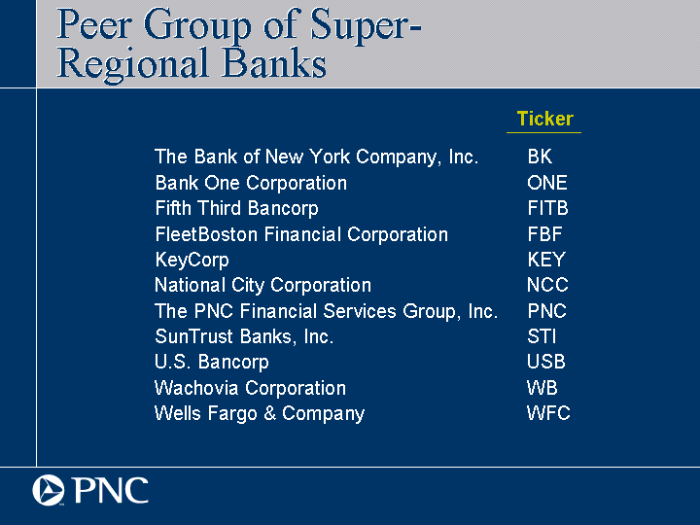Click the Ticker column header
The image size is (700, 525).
tap(544, 119)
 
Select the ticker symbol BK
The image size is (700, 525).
tap(540, 157)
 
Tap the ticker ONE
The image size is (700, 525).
tap(547, 183)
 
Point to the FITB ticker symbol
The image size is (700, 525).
tap(547, 208)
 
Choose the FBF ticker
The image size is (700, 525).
tap(545, 234)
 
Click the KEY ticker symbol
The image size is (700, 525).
tap(546, 260)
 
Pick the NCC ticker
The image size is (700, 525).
tap(547, 285)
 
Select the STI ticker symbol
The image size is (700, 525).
tap(542, 336)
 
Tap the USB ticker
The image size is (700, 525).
tap(546, 362)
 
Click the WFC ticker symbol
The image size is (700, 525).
tap(548, 413)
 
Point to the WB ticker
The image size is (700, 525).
tap(542, 388)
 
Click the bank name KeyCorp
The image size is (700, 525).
tap(192, 261)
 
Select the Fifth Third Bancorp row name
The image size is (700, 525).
tap(236, 208)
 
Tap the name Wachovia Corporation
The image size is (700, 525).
tap(250, 388)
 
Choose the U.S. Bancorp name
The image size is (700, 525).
tap(212, 362)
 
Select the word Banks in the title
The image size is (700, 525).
tap(273, 63)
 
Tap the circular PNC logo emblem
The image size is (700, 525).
tap(49, 490)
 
